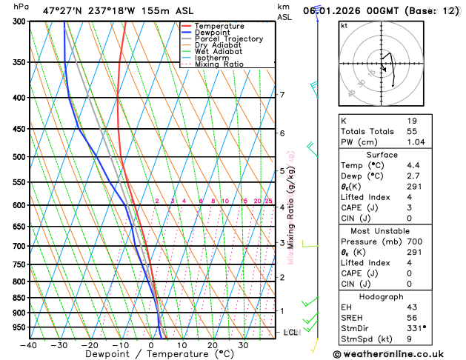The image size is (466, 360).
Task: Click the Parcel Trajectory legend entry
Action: click(x=228, y=39)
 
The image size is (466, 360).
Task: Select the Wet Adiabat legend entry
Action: click(x=218, y=52)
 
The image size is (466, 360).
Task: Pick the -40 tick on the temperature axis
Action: click(x=29, y=344)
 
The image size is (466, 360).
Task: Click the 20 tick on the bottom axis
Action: click(x=213, y=344)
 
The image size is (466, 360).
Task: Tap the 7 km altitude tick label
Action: click(x=282, y=95)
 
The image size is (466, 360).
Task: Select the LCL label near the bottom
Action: click(x=290, y=333)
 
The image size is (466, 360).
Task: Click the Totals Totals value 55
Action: click(x=412, y=131)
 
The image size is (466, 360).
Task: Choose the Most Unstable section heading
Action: click(x=397, y=231)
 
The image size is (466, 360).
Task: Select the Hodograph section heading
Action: click(x=397, y=296)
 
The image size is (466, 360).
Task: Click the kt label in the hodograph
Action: click(x=344, y=25)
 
